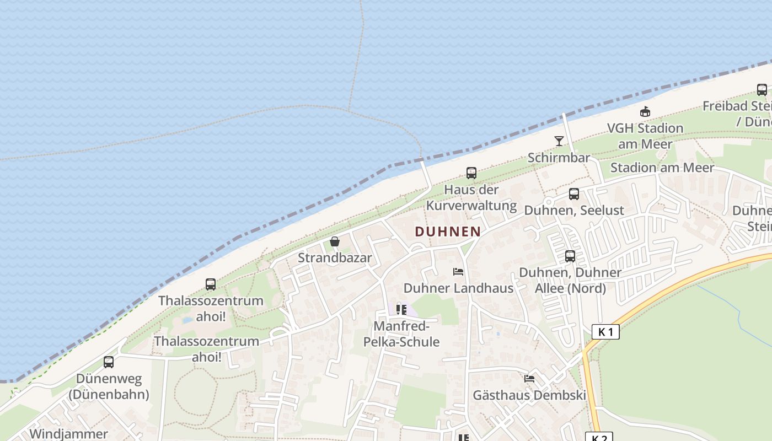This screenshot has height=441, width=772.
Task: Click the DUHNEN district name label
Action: coord(447,232)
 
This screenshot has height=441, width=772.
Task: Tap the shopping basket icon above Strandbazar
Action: coord(335,241)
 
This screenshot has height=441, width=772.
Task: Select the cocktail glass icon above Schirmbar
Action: coord(559,141)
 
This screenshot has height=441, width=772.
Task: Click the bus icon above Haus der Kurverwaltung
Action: coord(471,173)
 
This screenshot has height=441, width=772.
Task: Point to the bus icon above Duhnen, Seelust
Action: coord(574,194)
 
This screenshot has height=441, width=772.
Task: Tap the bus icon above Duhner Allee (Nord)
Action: coord(570,256)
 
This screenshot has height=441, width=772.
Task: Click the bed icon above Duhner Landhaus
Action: coord(458,272)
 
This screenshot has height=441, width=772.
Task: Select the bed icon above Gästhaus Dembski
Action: coord(529,379)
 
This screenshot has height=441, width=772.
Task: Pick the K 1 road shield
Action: coord(605,332)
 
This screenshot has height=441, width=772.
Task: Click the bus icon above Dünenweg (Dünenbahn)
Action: coord(109,362)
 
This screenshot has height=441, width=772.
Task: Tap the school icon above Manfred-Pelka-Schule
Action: coord(401,310)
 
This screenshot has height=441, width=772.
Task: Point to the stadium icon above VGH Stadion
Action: coord(645,112)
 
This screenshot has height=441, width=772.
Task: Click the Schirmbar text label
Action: coord(559,158)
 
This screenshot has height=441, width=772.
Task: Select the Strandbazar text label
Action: coord(335,257)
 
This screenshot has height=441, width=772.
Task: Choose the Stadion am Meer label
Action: coord(662,168)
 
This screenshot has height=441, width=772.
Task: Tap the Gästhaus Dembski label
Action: coord(529,395)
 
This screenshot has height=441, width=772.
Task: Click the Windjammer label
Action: coord(68,434)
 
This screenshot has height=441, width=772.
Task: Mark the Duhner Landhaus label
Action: coord(458,288)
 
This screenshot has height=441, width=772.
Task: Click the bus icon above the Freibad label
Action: coord(762,90)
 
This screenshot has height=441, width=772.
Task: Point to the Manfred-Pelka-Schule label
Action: coord(401,334)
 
